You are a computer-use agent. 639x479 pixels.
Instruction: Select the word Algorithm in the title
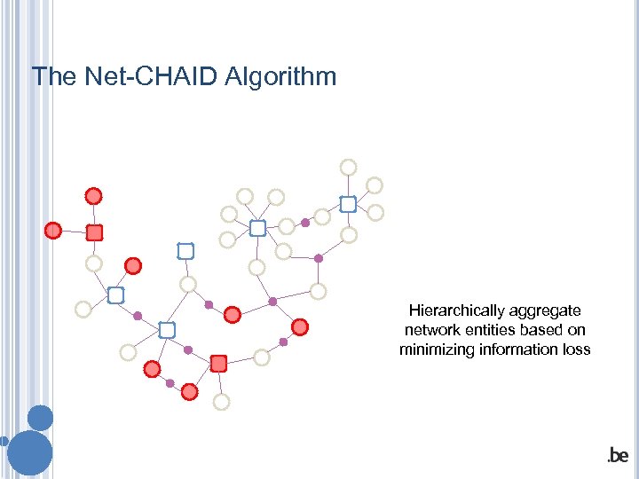pyautogui.click(x=280, y=77)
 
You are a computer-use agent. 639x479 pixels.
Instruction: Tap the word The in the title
pyautogui.click(x=54, y=76)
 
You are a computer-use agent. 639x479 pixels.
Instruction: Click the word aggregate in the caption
pyautogui.click(x=549, y=311)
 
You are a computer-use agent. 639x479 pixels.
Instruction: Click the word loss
pyautogui.click(x=575, y=349)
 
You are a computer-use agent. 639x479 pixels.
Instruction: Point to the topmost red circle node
pyautogui.click(x=93, y=196)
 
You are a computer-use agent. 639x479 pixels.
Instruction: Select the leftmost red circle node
pyautogui.click(x=53, y=231)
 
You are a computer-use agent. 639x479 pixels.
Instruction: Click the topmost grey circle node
pyautogui.click(x=349, y=168)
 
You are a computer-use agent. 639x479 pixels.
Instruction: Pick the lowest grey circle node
pyautogui.click(x=221, y=402)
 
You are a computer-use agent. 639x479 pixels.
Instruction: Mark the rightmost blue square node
pyautogui.click(x=348, y=204)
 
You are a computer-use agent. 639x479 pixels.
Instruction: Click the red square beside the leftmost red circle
pyautogui.click(x=95, y=232)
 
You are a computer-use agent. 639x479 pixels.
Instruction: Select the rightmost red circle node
pyautogui.click(x=300, y=327)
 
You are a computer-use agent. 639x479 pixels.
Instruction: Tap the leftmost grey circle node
pyautogui.click(x=83, y=310)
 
